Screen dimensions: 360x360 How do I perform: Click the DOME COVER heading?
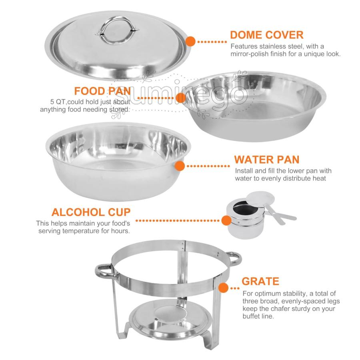click(x=266, y=35)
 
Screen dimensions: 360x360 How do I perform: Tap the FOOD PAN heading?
click(x=102, y=91)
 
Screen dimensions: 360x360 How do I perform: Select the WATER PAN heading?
click(x=267, y=160)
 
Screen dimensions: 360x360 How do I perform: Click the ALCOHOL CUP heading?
click(x=91, y=212)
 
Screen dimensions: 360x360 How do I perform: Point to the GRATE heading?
click(x=260, y=281)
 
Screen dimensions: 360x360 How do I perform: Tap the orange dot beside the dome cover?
click(x=190, y=42)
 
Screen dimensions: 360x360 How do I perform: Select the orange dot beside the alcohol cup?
click(x=226, y=220)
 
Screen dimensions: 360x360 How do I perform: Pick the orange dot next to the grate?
click(x=223, y=288)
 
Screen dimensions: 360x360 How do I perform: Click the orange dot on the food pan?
click(x=181, y=98)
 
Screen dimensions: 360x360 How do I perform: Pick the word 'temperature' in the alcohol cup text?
click(x=81, y=231)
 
